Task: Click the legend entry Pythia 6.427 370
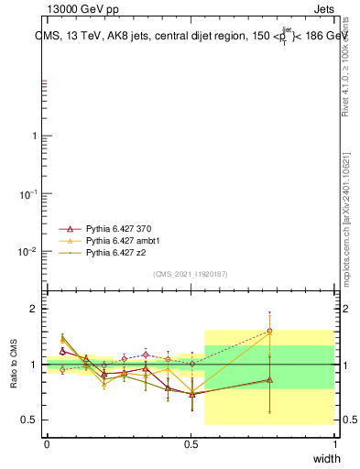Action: point(118,228)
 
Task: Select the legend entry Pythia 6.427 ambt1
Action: point(121,239)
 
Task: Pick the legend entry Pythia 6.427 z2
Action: point(115,251)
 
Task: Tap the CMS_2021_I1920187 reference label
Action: point(191,274)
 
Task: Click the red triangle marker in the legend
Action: point(65,228)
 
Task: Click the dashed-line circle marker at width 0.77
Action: point(269,331)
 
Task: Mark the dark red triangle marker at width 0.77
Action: point(269,380)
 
